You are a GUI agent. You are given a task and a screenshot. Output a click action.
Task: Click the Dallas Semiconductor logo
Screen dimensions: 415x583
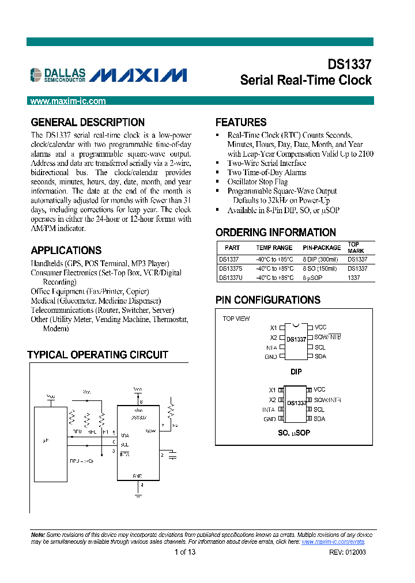[58, 74]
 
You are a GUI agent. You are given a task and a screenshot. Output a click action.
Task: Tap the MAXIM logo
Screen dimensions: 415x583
[138, 75]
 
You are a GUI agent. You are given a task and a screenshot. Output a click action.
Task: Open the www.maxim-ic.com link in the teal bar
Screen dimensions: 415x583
[68, 101]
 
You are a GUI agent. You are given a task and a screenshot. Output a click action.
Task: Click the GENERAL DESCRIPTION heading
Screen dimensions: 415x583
[88, 122]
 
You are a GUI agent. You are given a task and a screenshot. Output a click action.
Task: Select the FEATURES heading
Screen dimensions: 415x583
[241, 122]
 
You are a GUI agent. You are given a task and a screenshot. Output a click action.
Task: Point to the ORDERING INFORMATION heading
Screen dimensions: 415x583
[276, 232]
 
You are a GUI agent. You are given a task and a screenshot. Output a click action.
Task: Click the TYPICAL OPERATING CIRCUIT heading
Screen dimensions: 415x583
[98, 355]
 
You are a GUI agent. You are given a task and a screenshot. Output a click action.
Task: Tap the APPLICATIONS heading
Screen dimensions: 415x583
[66, 250]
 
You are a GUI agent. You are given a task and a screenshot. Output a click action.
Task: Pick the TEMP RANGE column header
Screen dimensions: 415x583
[274, 248]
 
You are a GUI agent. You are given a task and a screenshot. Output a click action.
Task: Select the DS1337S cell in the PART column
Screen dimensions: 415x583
[231, 268]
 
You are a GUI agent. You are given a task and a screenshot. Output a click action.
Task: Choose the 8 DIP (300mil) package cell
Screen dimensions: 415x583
[321, 260]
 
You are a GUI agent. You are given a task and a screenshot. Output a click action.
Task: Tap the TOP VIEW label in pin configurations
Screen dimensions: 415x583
[236, 319]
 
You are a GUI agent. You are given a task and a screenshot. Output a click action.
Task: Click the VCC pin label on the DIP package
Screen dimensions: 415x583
[320, 327]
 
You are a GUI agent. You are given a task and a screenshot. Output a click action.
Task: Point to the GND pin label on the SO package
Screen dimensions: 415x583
[270, 419]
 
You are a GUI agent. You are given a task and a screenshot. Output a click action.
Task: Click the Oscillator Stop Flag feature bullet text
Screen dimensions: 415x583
[258, 181]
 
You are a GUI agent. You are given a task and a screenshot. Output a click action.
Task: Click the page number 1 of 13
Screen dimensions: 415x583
[185, 552]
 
